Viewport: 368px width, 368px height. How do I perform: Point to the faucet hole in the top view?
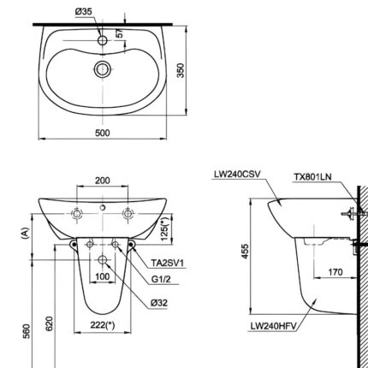(x=103, y=39)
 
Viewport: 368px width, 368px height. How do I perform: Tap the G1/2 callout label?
(x=164, y=278)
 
